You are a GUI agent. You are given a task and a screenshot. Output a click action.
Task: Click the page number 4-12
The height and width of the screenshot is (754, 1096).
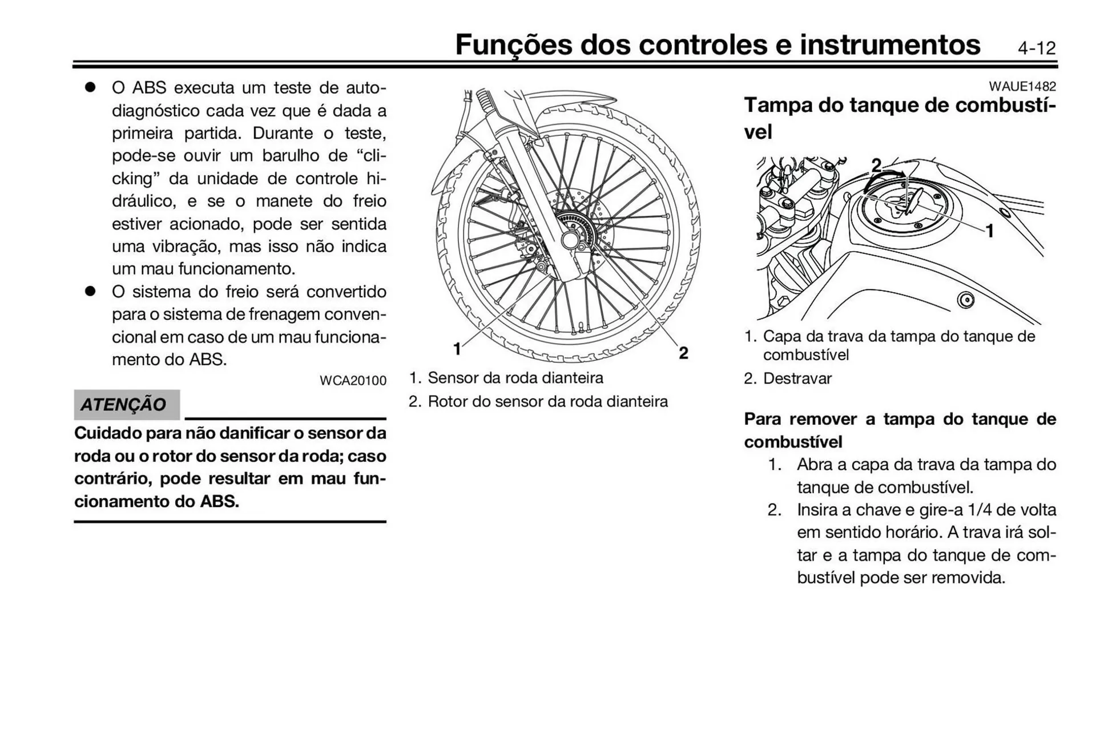coord(1036,48)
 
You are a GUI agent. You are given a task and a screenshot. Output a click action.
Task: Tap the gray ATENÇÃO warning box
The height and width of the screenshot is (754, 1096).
coord(126,404)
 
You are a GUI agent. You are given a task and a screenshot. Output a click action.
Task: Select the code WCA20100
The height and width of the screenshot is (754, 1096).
coord(353,381)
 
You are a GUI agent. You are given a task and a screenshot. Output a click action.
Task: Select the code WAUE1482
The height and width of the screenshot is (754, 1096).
coord(1022,86)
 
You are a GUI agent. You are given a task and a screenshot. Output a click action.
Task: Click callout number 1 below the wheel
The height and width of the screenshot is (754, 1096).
coord(457,348)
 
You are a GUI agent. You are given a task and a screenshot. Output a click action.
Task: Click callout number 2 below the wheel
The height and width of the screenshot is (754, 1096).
coord(683,353)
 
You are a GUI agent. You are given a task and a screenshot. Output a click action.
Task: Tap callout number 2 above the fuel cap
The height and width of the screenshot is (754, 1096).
coord(876,166)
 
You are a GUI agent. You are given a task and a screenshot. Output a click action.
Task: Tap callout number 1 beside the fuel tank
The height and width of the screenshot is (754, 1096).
coord(989,231)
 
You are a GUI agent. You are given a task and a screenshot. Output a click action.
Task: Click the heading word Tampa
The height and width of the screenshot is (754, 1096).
coord(777,105)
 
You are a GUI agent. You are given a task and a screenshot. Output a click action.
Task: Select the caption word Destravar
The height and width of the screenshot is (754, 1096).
coord(797,378)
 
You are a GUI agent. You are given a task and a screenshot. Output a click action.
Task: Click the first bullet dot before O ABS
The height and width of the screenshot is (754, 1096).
coord(90,87)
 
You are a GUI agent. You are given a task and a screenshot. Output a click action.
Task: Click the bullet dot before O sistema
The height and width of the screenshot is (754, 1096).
coord(90,291)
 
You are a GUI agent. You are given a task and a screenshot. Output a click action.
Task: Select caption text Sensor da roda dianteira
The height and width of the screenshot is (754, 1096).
coord(515,378)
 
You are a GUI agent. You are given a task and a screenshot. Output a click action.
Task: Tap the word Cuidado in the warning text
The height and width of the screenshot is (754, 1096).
coord(107,433)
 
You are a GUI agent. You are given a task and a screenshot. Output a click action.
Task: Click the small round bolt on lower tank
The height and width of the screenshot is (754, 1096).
coord(965,300)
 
